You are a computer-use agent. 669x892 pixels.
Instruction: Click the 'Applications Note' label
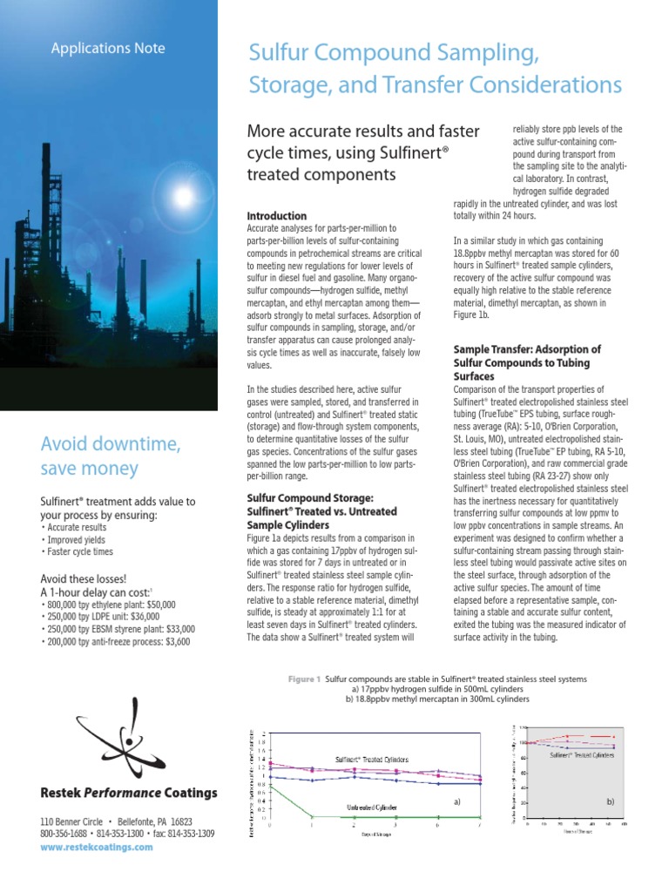coord(107,49)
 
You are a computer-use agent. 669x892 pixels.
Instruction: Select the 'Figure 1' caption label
coord(305,678)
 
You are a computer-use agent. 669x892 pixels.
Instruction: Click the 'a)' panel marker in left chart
coord(456,800)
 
